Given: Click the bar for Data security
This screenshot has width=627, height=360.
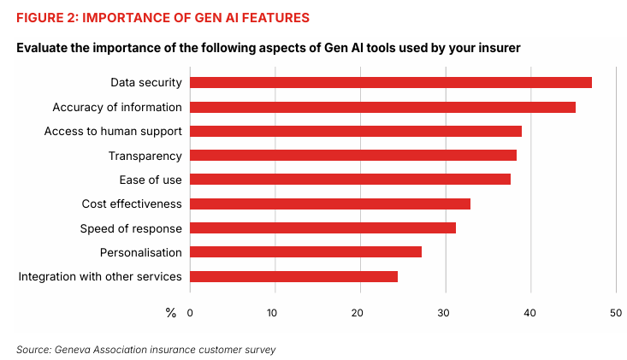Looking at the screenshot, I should (x=390, y=82).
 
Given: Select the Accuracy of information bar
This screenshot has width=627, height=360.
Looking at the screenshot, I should (x=382, y=107).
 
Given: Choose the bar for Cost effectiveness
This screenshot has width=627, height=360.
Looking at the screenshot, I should (x=329, y=204).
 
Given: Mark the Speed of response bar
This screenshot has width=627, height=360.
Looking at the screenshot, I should (x=322, y=228).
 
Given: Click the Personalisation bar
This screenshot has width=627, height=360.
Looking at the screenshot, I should (x=305, y=252).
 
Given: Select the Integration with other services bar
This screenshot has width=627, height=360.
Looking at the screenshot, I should (x=293, y=276).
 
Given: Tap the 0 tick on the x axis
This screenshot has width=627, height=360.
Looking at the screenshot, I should (x=190, y=313).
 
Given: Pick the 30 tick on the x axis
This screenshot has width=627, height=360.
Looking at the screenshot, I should (x=445, y=313).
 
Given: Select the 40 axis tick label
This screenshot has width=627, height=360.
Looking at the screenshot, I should (x=530, y=313).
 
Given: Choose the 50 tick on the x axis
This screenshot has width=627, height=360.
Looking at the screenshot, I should (x=615, y=313).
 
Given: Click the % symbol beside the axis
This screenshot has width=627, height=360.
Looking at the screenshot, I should (x=170, y=313).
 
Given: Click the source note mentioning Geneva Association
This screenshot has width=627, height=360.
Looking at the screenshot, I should (x=146, y=350).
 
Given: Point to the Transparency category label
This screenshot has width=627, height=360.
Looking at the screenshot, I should (x=145, y=156).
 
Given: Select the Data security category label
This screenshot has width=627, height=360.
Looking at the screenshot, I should (x=145, y=83).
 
